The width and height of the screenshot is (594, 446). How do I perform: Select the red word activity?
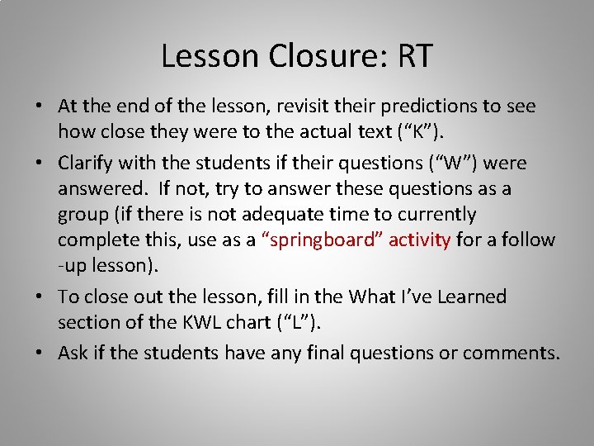(x=419, y=240)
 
